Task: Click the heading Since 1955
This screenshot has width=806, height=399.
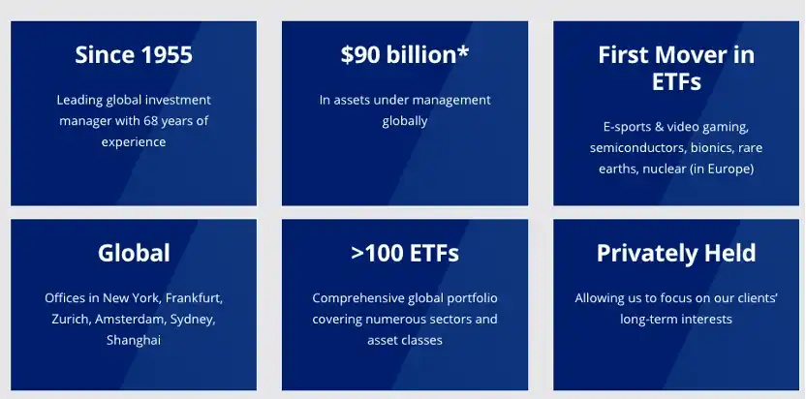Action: [134, 54]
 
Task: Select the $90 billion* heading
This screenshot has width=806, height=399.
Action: [405, 54]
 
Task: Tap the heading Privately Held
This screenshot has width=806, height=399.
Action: [676, 253]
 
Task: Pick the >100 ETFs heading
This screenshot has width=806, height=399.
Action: [405, 253]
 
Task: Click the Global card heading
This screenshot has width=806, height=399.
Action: [134, 253]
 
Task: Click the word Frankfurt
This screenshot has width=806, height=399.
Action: [194, 298]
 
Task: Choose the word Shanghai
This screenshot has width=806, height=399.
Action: [134, 340]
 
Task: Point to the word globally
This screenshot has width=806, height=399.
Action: [405, 122]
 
